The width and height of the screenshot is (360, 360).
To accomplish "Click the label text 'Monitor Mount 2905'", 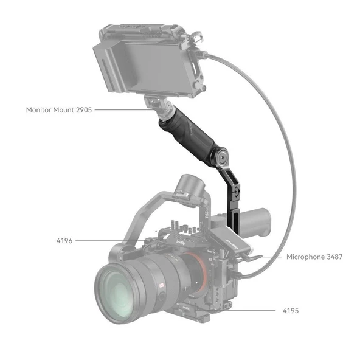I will pyautogui.click(x=59, y=110).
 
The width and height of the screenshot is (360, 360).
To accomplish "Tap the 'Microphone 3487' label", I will pyautogui.click(x=314, y=257).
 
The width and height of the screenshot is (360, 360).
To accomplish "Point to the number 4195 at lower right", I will pyautogui.click(x=290, y=311).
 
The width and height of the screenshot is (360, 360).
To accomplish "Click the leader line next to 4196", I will pyautogui.click(x=109, y=240).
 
